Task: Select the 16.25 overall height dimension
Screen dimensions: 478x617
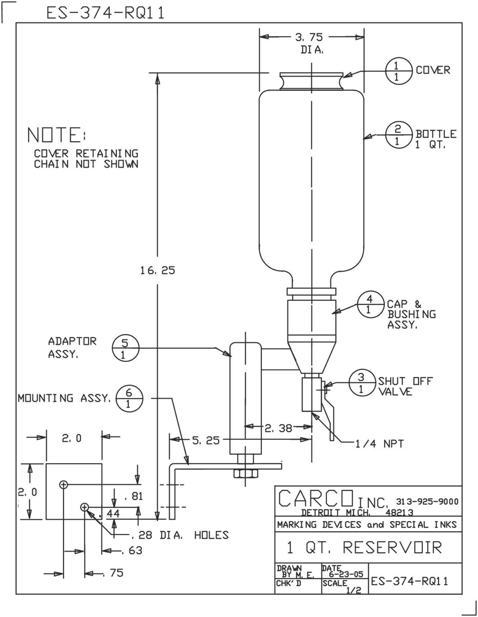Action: tap(157, 270)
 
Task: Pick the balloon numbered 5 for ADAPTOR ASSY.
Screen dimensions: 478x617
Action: tap(125, 349)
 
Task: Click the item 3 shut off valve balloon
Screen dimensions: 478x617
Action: tap(362, 383)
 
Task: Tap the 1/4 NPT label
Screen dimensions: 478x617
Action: tap(379, 443)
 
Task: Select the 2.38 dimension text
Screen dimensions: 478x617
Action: tap(278, 428)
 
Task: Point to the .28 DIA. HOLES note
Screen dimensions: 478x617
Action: tap(180, 535)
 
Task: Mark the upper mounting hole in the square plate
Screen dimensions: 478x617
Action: tap(63, 485)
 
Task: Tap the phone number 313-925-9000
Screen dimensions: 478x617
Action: tap(427, 501)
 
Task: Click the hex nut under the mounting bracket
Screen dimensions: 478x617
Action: tap(245, 474)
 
